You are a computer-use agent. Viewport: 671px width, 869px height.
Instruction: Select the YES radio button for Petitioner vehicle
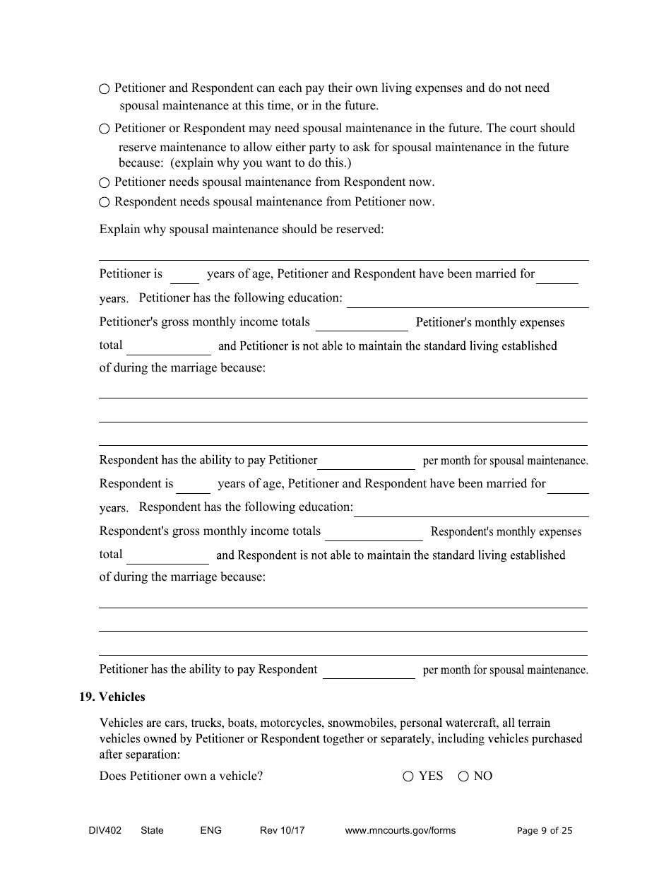[408, 776]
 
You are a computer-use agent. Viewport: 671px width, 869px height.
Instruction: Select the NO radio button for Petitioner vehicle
[463, 776]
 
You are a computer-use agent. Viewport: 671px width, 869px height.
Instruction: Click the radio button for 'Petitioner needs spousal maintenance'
[105, 183]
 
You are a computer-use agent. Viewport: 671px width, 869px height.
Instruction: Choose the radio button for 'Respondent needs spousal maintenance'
[105, 203]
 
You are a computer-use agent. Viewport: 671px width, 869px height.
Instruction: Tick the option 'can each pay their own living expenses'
[105, 89]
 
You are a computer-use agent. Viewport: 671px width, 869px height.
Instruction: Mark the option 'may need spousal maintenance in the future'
[105, 129]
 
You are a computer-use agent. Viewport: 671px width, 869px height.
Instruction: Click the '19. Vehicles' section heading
[112, 697]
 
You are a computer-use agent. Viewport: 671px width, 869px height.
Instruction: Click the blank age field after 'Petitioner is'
[184, 276]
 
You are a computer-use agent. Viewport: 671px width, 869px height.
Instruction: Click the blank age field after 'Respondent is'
[193, 486]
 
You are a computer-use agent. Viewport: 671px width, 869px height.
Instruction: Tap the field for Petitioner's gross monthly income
[362, 324]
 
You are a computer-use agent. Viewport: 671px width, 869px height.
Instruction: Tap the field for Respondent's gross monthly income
[373, 533]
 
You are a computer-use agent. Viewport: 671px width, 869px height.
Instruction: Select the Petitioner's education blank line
[468, 300]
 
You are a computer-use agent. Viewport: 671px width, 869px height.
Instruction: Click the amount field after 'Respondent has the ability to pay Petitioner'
[367, 463]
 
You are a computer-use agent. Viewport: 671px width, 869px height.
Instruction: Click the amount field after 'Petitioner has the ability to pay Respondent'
[369, 672]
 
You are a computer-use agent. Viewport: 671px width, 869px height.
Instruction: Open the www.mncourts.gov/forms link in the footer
[400, 831]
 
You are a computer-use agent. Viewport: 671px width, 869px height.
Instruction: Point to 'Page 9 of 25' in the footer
[545, 831]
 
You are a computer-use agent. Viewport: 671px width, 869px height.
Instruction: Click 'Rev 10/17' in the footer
[283, 831]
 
